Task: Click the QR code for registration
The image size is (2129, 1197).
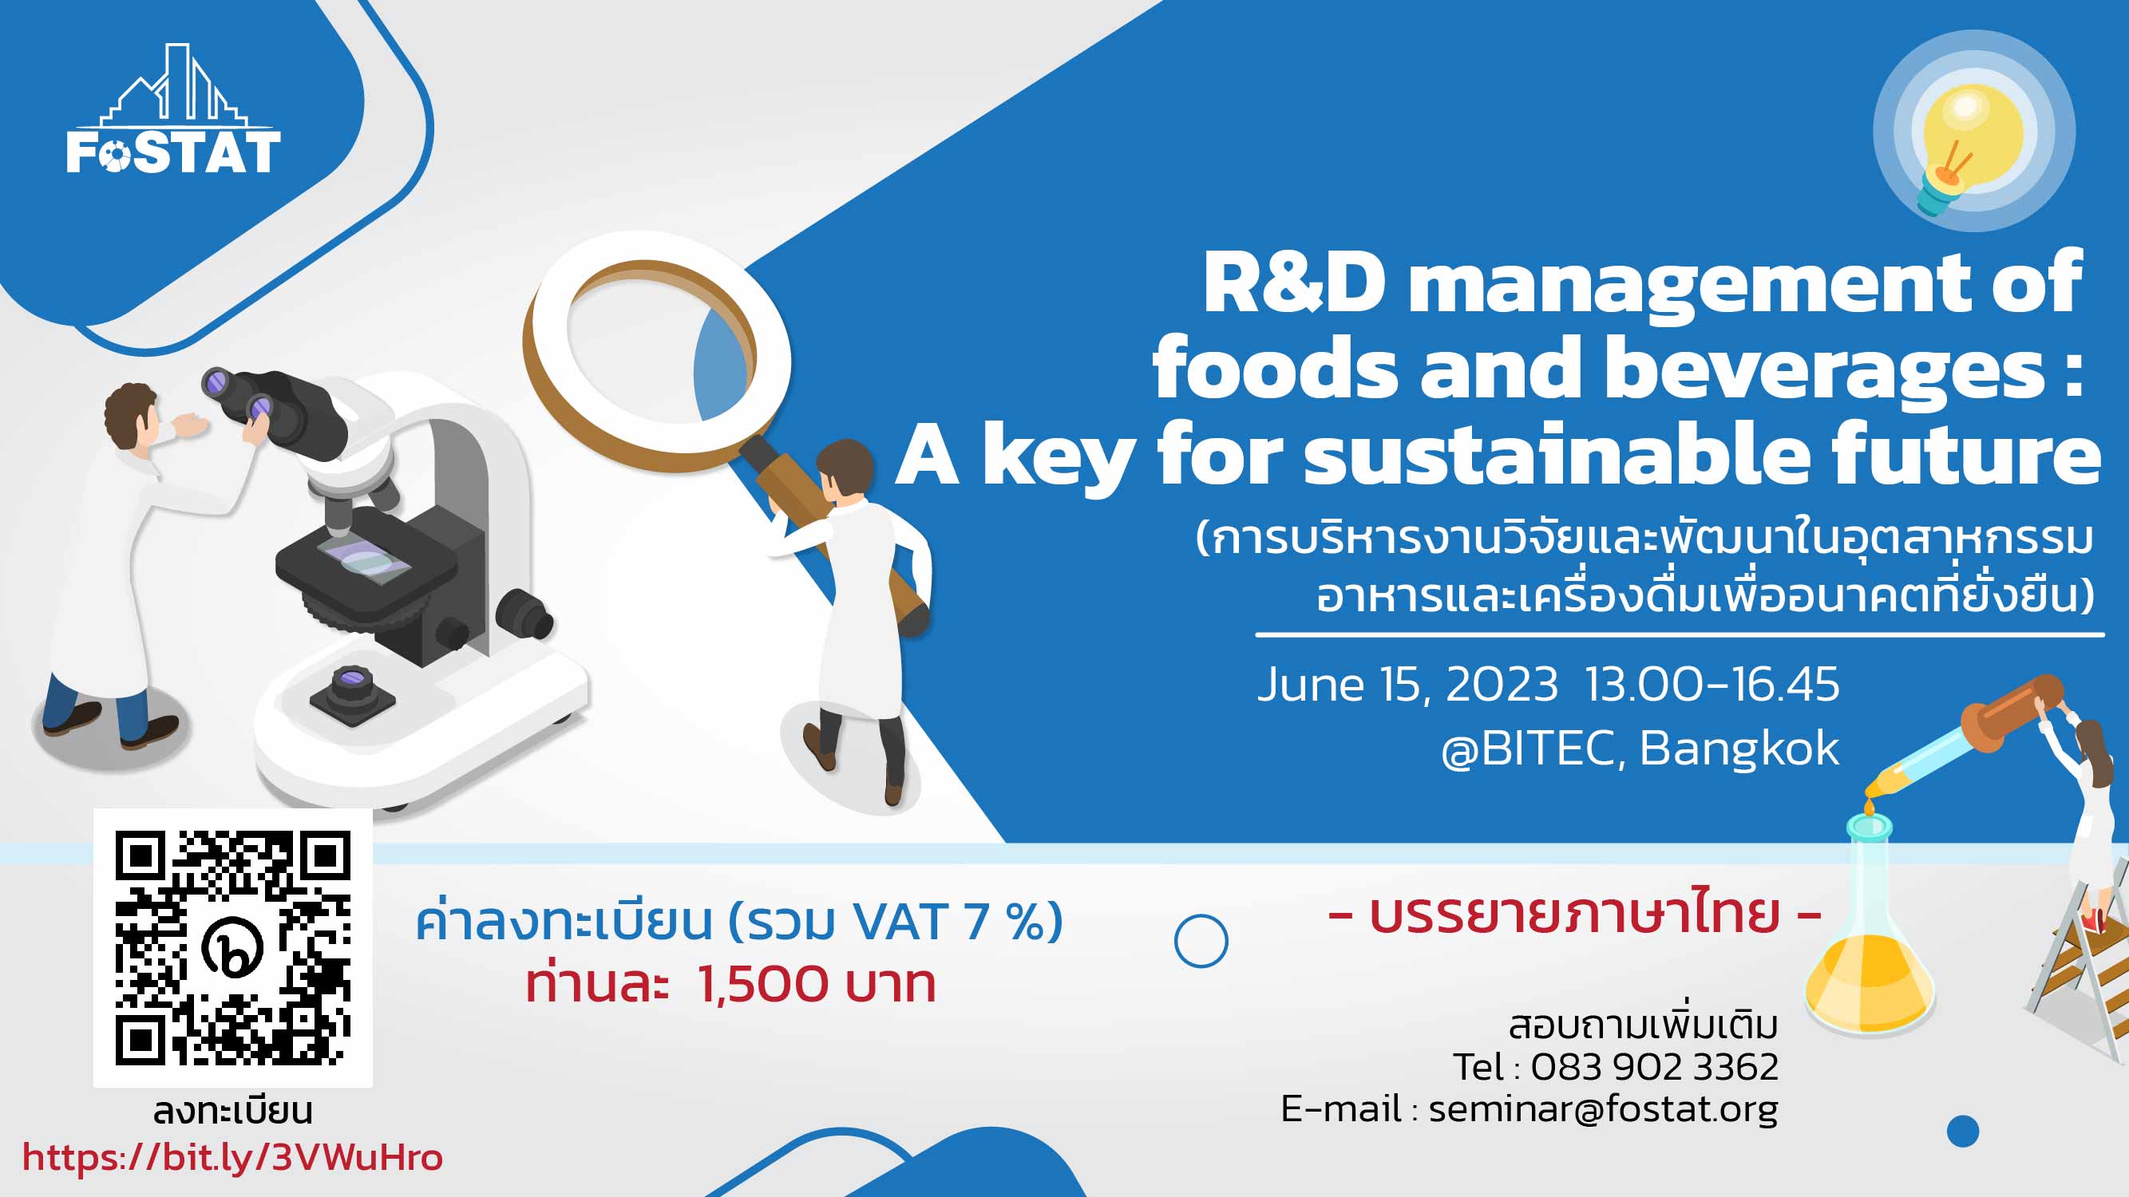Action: point(233,947)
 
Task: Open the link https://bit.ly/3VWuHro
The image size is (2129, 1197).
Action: point(232,1157)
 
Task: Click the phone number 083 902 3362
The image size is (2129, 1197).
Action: point(1655,1066)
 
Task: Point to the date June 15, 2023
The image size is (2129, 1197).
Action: point(1407,685)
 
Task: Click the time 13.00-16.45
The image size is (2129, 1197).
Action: point(1712,684)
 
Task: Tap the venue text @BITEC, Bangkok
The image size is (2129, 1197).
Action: point(1640,749)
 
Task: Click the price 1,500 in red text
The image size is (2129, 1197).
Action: point(763,984)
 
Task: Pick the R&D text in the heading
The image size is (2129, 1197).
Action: point(1293,282)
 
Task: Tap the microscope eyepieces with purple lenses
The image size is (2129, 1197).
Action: point(239,394)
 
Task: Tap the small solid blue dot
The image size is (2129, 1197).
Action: point(1963,1131)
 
